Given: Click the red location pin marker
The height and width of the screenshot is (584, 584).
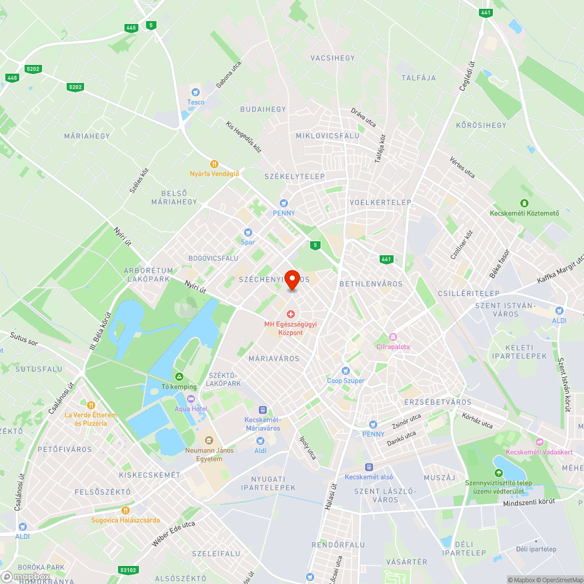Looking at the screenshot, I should (x=291, y=279).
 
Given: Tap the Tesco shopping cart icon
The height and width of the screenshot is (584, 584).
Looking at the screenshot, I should (x=196, y=92).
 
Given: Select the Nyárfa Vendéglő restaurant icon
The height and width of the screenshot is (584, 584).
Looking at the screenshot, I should (x=214, y=164).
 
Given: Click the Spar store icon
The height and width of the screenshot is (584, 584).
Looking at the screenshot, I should (x=248, y=232).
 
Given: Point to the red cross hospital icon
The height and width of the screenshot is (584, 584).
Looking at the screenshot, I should (x=291, y=314).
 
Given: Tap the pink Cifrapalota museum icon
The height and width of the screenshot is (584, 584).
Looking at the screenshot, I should (x=393, y=337).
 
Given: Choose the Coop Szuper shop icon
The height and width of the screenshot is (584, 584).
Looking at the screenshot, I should (x=346, y=371).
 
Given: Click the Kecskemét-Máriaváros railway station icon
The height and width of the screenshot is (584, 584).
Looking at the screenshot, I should (x=263, y=410).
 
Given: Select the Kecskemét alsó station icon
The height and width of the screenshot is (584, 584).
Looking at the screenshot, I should (x=369, y=467).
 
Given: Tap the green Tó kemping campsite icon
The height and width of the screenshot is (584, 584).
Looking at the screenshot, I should (x=179, y=377).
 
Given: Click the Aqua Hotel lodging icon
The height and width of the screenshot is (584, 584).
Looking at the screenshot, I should (x=190, y=399).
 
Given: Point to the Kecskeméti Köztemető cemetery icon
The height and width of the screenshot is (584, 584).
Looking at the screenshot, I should (x=524, y=203).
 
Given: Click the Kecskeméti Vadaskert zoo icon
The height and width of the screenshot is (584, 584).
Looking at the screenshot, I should (x=539, y=442).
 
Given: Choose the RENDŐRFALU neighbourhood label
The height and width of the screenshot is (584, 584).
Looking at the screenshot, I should (x=338, y=545).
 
